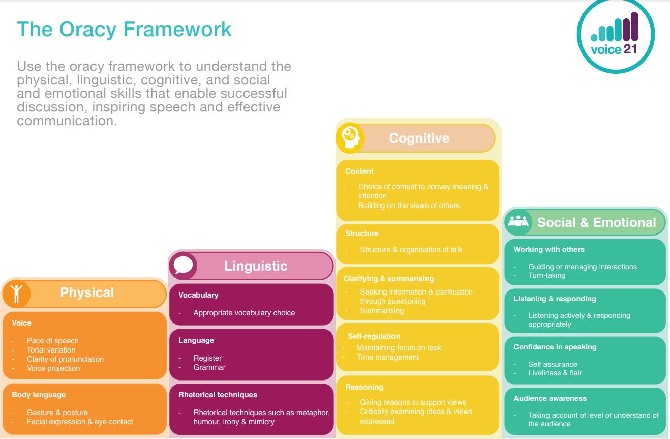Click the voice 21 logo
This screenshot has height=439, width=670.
[x=616, y=36]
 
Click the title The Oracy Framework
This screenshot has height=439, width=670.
[x=124, y=30]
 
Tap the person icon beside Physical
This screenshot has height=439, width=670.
[x=17, y=294]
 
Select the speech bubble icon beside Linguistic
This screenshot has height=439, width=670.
[x=183, y=266]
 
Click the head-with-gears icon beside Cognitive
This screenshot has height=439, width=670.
[x=350, y=137]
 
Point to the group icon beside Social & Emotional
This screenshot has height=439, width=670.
[x=519, y=222]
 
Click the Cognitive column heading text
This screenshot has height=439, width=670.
[x=419, y=138]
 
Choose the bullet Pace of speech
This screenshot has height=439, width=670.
[x=52, y=341]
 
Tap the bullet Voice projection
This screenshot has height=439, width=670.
[x=53, y=368]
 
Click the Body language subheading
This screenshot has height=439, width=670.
[x=39, y=395]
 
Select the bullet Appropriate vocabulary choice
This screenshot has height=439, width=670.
[x=244, y=313]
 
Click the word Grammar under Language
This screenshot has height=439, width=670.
[x=209, y=367]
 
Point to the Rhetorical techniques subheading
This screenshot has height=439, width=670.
[x=218, y=395]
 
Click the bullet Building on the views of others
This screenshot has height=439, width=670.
[x=409, y=206]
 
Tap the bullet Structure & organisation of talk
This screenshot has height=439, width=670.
[x=411, y=250]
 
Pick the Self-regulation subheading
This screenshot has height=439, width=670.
[x=374, y=336]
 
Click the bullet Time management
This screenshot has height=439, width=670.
[x=388, y=357]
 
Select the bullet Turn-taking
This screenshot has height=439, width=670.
[x=546, y=275]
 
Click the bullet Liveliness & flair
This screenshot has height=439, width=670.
[x=555, y=373]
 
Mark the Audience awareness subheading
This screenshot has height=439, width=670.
[x=550, y=398]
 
